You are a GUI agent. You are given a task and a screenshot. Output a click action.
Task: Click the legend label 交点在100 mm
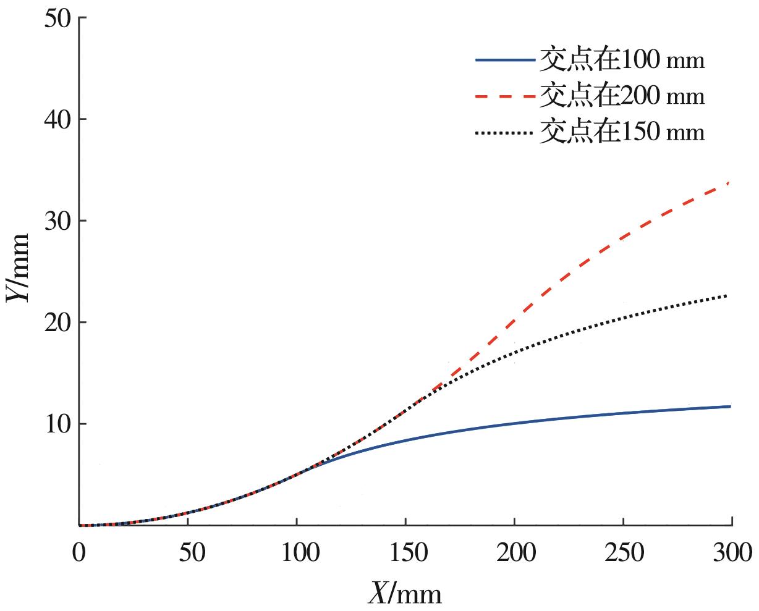(622, 60)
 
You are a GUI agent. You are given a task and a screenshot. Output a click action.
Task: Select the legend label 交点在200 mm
(622, 96)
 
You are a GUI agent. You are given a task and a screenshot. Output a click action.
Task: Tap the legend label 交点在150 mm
(622, 132)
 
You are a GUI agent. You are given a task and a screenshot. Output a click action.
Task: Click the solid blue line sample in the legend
(504, 60)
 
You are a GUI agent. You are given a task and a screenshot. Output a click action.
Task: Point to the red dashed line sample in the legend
(504, 96)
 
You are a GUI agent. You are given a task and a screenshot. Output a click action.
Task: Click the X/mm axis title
(405, 594)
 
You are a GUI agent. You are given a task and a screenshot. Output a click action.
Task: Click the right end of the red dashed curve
(730, 183)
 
